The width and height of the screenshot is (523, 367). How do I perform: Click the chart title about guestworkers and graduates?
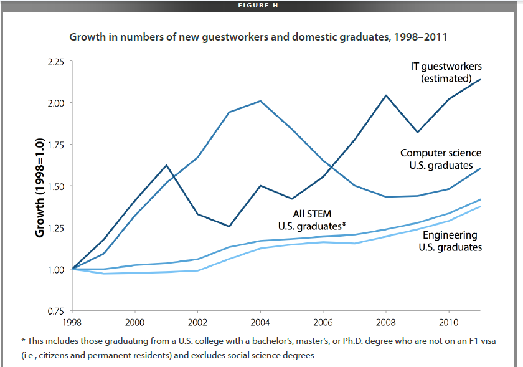click(258, 37)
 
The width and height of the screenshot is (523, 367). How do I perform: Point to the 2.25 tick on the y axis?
click(56, 62)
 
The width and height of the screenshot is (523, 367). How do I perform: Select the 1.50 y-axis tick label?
click(56, 186)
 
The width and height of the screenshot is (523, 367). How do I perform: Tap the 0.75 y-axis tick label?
click(56, 310)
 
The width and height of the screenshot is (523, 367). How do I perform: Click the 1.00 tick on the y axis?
click(56, 269)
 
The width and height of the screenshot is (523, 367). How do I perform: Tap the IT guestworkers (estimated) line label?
click(446, 72)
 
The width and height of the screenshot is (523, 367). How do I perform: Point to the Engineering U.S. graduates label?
click(450, 241)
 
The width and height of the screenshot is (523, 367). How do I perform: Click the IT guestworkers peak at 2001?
click(166, 165)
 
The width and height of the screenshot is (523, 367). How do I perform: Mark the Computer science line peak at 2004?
click(260, 101)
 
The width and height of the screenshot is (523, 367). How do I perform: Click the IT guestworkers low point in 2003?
click(229, 226)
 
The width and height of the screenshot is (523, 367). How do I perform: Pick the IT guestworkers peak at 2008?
click(386, 95)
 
